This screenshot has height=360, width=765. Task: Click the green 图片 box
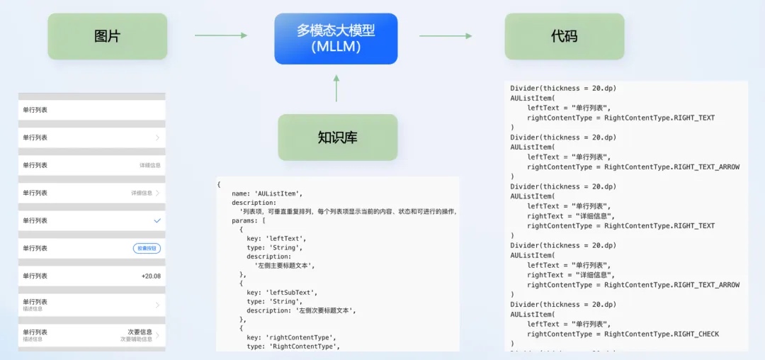[x=108, y=36]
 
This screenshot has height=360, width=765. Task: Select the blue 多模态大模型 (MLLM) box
[x=336, y=38]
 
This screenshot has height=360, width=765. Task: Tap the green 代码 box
[x=564, y=36]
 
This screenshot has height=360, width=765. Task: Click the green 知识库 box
[x=337, y=137]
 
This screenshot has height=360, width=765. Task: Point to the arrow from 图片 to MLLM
[x=221, y=35]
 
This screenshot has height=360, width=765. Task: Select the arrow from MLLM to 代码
[x=446, y=35]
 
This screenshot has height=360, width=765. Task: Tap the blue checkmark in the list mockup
[x=157, y=221]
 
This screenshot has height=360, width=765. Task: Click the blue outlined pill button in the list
[x=147, y=248]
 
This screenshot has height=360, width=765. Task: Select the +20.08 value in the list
[x=151, y=276]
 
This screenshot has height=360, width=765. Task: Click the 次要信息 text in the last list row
[x=140, y=332]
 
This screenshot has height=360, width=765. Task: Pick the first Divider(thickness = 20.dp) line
[x=563, y=89]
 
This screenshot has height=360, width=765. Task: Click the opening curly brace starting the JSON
[x=219, y=184]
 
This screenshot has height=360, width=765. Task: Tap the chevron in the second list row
[x=157, y=137]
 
